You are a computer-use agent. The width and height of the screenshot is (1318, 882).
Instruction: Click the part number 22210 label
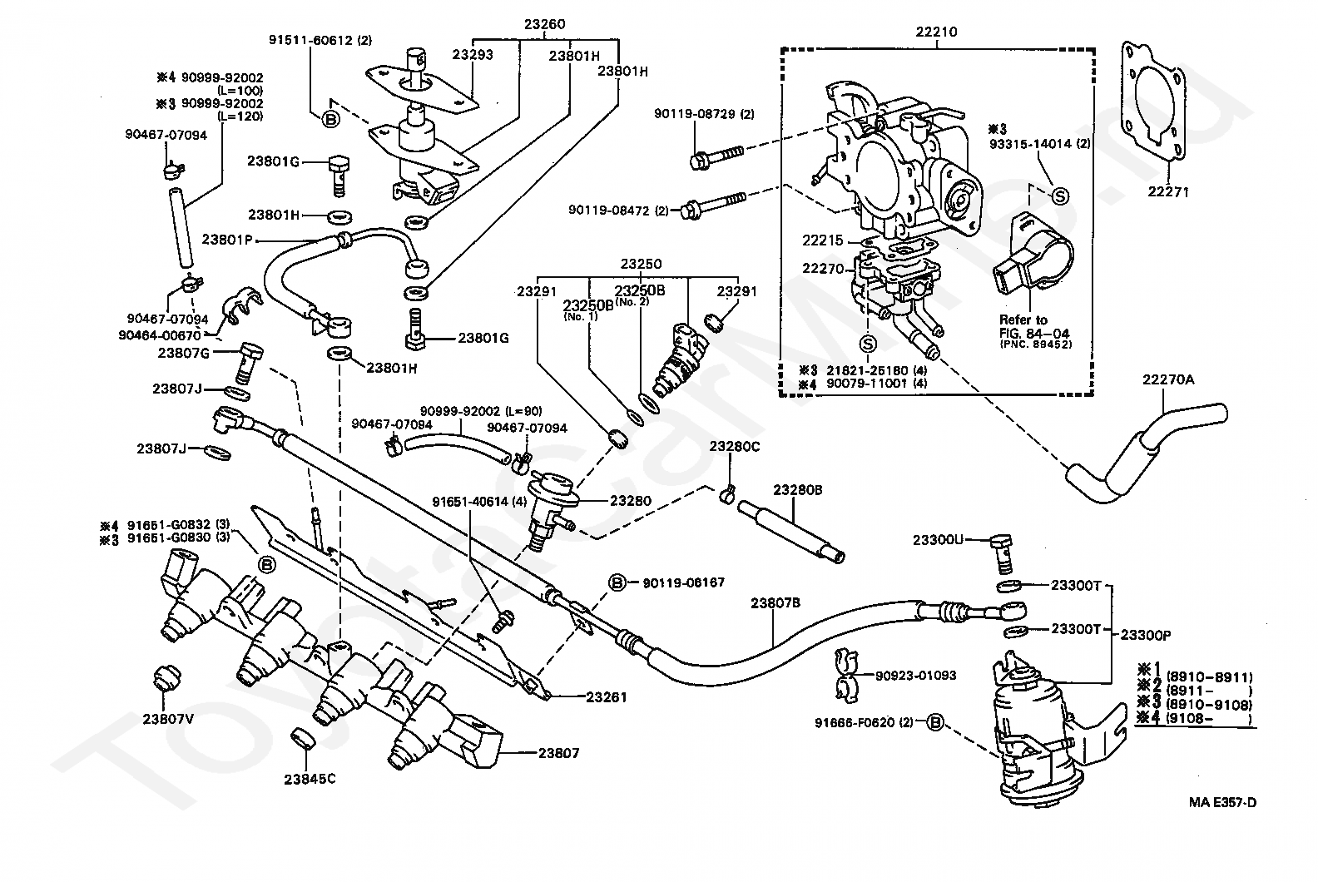pos(936,32)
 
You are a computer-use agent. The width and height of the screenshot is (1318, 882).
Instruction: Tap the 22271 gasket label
pos(1168,192)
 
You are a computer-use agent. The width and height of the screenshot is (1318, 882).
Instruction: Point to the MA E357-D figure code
pos(1221,802)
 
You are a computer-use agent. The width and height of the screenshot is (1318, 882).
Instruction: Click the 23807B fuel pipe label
pos(775,603)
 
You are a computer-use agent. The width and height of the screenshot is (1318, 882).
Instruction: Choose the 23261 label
pos(607,697)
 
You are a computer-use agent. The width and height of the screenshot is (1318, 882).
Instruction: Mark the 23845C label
pos(309,780)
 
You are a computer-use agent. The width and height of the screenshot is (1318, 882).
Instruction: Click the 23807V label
pos(167,719)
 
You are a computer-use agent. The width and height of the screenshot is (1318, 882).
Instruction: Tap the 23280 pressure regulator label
pos(631,501)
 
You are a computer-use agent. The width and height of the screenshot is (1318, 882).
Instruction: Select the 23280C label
pos(734,447)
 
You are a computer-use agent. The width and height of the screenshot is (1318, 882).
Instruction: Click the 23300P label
pos(1146,634)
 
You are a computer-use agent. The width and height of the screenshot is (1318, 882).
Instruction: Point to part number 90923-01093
pos(914,676)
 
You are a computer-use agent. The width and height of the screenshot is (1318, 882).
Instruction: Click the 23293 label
pos(473,55)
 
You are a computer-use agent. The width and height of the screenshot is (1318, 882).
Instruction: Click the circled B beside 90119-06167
pos(617,582)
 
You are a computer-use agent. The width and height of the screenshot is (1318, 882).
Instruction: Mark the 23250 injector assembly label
pos(640,264)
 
